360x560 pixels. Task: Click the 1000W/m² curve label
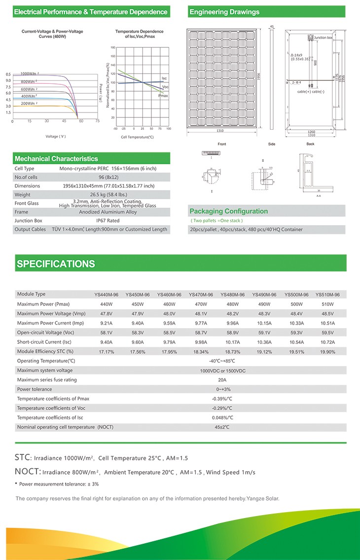30,74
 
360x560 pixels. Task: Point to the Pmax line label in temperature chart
163,95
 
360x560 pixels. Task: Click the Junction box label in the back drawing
323,37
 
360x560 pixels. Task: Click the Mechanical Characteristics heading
56,159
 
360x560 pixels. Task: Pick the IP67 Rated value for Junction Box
108,221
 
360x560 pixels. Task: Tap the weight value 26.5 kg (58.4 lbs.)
108,195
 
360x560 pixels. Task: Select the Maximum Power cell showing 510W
327,304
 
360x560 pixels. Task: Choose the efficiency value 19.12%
264,352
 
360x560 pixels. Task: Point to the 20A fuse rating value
222,380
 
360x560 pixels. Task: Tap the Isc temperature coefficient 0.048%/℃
222,417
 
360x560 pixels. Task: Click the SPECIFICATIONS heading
56,264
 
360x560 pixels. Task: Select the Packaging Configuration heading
228,211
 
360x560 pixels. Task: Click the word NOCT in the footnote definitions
27,472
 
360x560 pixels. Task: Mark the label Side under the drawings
271,144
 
